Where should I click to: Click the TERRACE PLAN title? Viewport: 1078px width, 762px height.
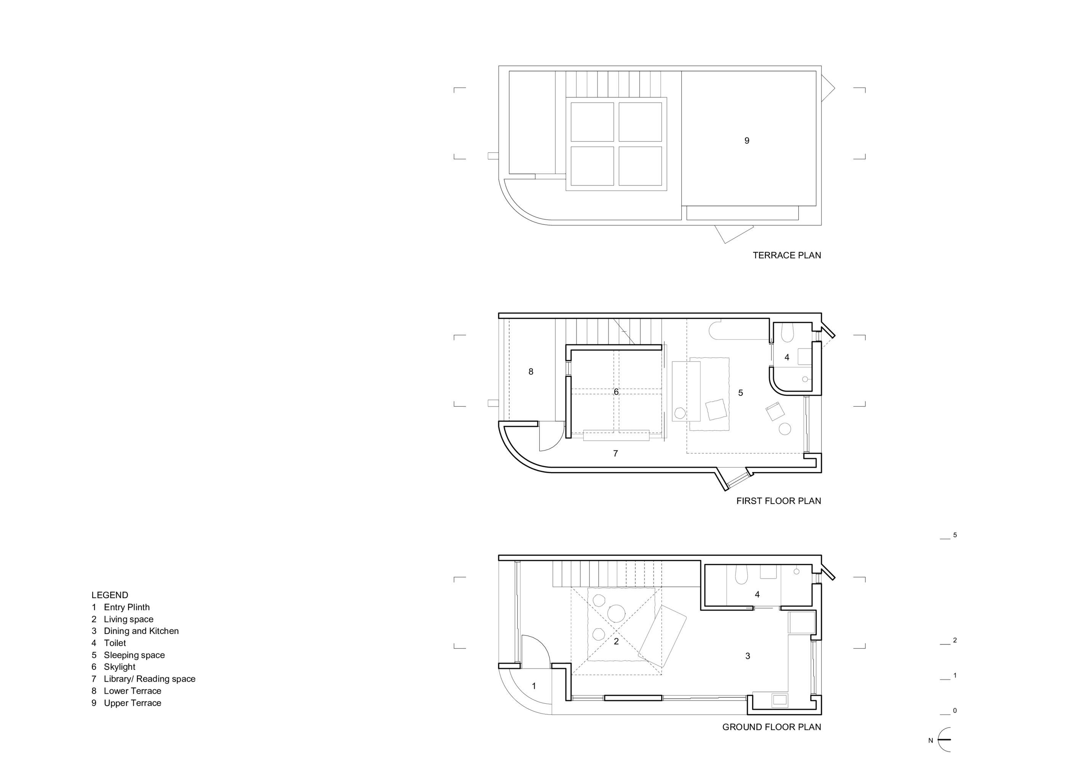(x=787, y=255)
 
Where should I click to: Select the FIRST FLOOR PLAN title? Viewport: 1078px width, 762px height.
(x=778, y=501)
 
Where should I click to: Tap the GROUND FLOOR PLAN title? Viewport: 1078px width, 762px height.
(x=771, y=727)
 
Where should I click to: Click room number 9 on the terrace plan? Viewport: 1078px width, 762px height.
(x=746, y=140)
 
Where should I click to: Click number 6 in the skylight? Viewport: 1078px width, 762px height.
(x=616, y=392)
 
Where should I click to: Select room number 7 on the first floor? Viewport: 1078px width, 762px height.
(x=615, y=453)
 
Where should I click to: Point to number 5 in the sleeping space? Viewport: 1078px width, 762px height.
(x=740, y=392)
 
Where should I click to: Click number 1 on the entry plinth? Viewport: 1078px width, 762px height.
(x=534, y=686)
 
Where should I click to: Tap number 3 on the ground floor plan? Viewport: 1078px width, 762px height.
(x=748, y=656)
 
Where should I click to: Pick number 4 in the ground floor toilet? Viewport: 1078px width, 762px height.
(x=757, y=594)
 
